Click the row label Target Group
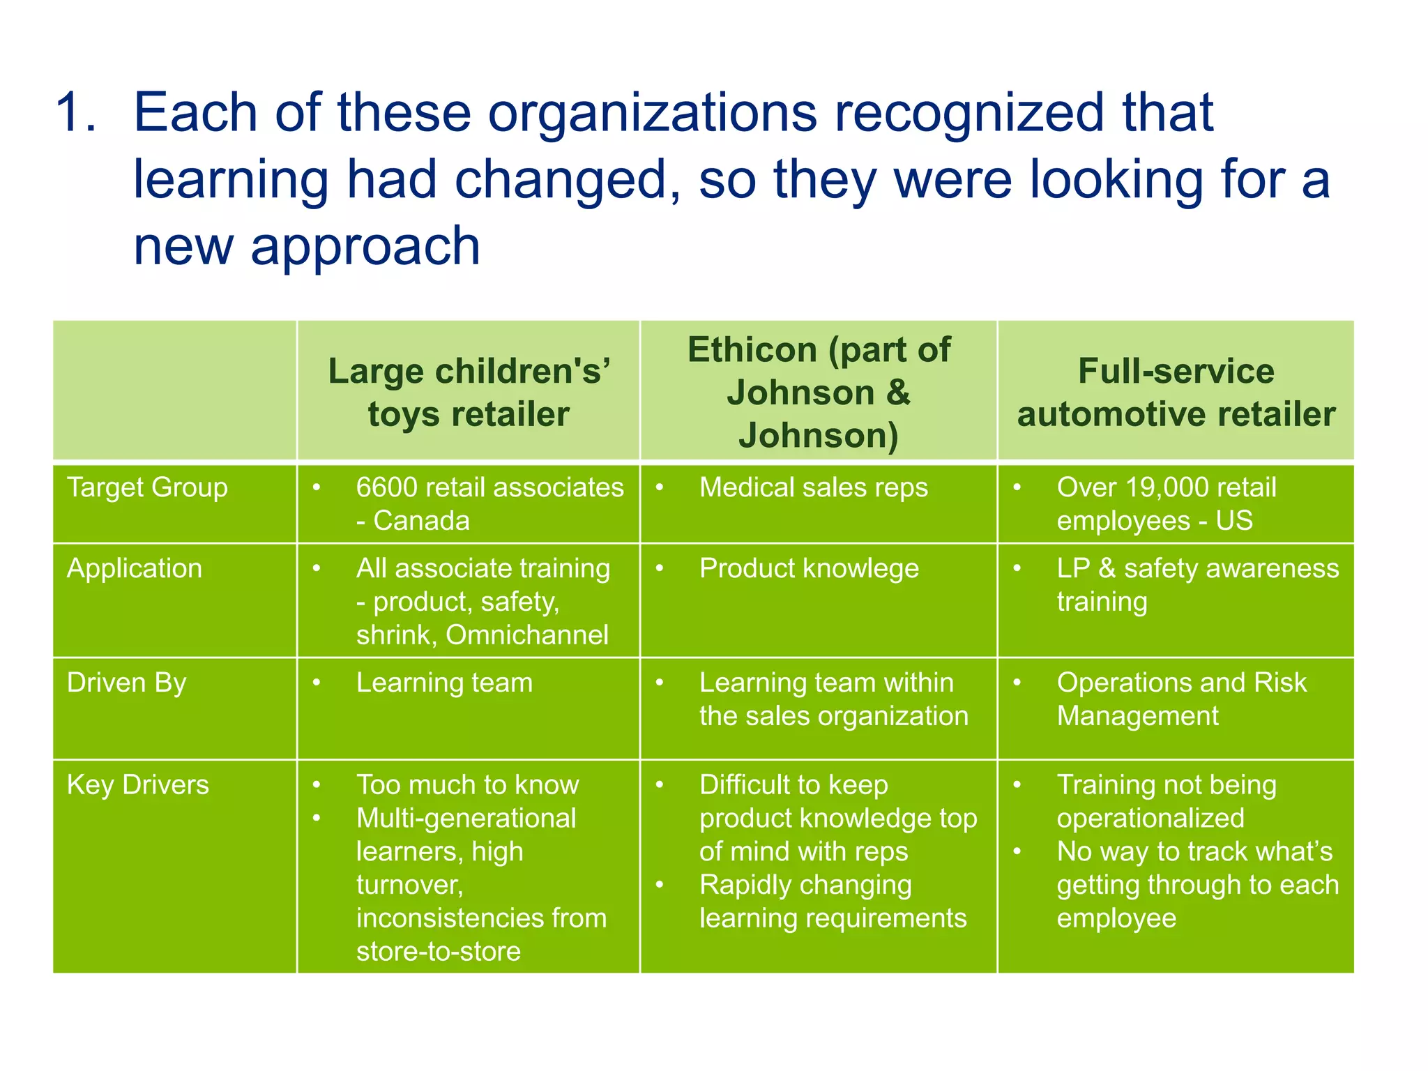tap(147, 487)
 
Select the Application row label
tap(135, 568)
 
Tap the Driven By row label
tap(126, 683)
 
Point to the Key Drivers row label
tap(138, 785)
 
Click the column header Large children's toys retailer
tap(469, 392)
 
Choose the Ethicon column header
tap(819, 392)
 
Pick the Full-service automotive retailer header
tap(1176, 392)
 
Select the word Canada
tap(421, 521)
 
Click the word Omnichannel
tap(527, 635)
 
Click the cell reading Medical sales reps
tap(814, 487)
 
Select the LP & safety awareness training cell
tap(1197, 584)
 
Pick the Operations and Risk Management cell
tap(1181, 699)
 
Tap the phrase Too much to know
tap(467, 785)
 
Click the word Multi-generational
tap(466, 819)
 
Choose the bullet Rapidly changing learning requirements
tap(833, 902)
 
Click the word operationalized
tap(1150, 819)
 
